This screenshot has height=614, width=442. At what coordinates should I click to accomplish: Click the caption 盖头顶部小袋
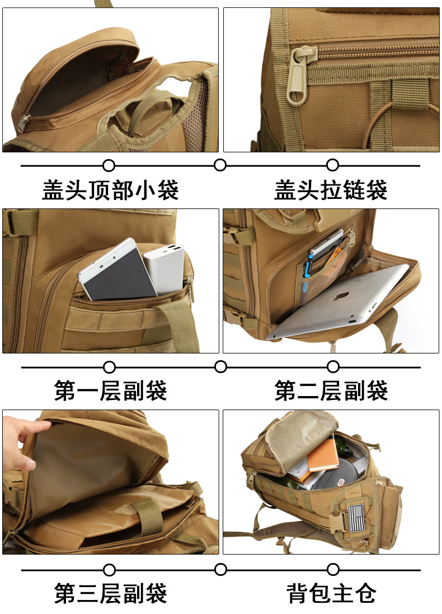coord(110,190)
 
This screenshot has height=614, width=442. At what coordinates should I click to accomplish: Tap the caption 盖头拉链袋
coord(331,190)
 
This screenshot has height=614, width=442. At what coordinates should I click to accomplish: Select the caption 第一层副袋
coord(110,391)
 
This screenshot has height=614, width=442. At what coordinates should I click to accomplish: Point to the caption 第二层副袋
coord(331,391)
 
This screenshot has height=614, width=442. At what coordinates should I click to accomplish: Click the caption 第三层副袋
coord(110,593)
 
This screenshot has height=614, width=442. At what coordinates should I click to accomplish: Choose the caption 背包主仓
coord(331,593)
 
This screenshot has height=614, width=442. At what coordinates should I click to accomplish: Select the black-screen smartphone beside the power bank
coord(116,270)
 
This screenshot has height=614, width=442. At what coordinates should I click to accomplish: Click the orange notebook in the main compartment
coord(323,455)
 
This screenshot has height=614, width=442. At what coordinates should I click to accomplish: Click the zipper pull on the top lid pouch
coord(22,123)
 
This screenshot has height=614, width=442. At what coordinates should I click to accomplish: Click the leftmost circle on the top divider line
coord(109,165)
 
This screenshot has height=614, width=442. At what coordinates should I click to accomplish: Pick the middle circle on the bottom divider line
coord(220,569)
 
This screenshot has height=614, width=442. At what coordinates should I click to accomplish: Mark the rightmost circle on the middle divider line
coord(333,367)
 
